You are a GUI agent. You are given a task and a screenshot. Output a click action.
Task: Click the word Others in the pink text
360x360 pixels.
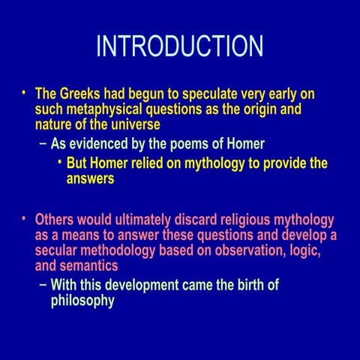click(56, 220)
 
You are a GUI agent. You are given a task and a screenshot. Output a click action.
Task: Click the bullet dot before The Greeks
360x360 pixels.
click(23, 93)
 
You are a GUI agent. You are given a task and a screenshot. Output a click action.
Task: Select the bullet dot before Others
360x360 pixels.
click(23, 218)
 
